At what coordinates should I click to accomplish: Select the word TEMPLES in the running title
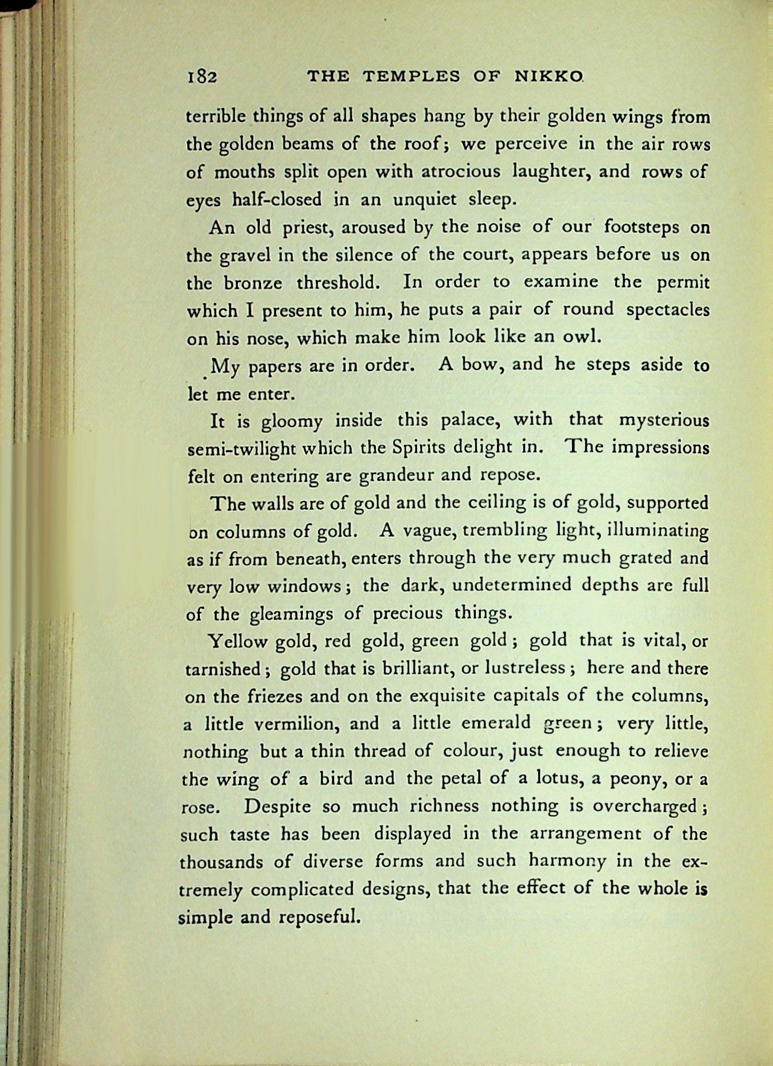411,77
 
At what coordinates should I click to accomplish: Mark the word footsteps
641,226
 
